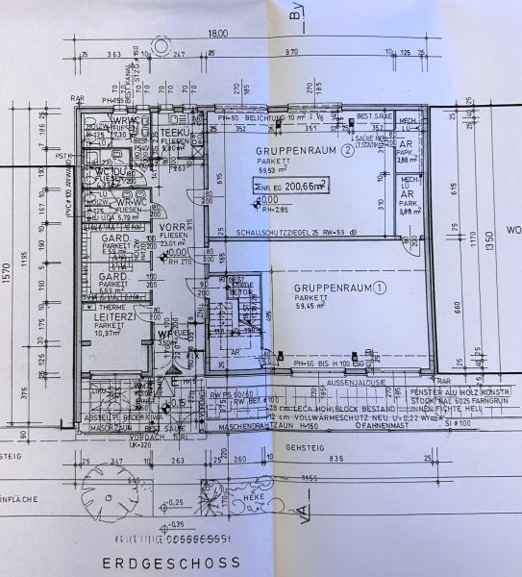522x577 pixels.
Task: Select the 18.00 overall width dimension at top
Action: tap(218, 34)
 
